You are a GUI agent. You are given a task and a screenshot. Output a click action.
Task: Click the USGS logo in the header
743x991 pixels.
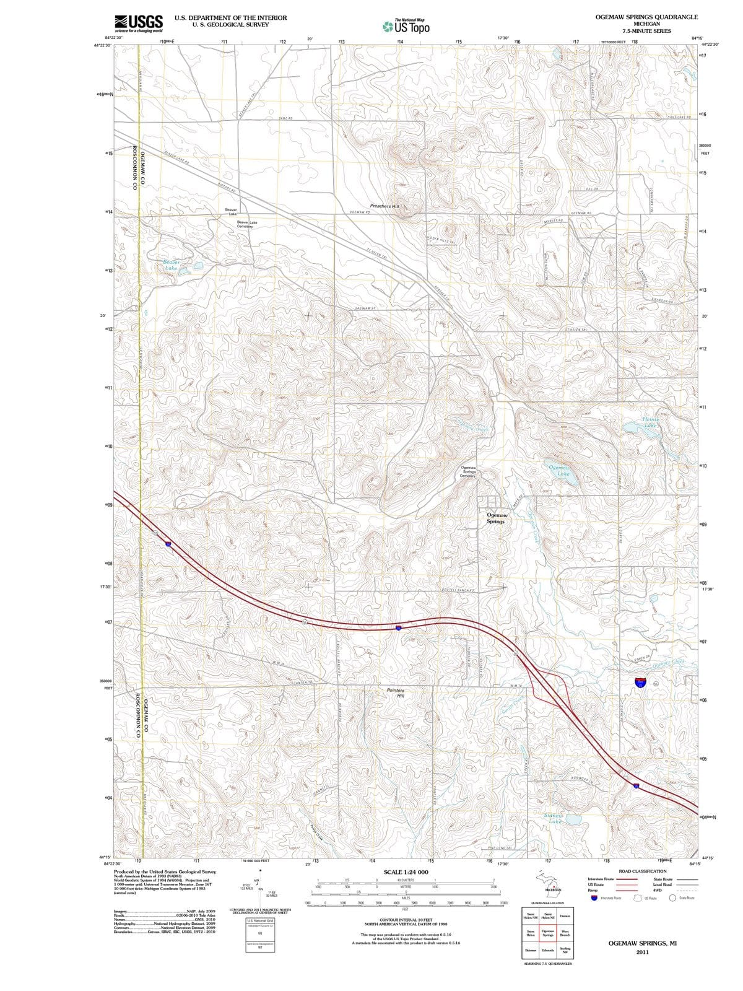[139, 23]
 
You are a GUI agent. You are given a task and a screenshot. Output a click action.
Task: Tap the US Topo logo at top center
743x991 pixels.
[406, 26]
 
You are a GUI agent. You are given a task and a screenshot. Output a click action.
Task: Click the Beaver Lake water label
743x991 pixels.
[172, 265]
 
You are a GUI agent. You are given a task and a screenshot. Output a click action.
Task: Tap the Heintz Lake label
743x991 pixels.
[650, 422]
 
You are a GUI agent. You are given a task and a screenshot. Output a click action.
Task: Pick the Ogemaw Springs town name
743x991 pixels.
[496, 518]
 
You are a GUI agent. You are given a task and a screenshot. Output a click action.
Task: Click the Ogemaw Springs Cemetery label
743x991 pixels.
[469, 471]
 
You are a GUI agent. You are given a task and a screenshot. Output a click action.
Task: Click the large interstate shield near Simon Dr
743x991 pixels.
[641, 683]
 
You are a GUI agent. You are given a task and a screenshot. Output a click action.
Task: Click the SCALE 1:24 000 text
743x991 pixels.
[406, 872]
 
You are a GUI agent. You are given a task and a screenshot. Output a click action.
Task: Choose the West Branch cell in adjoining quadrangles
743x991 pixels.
[565, 933]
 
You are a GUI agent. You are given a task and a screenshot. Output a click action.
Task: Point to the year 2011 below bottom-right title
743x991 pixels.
[642, 952]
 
